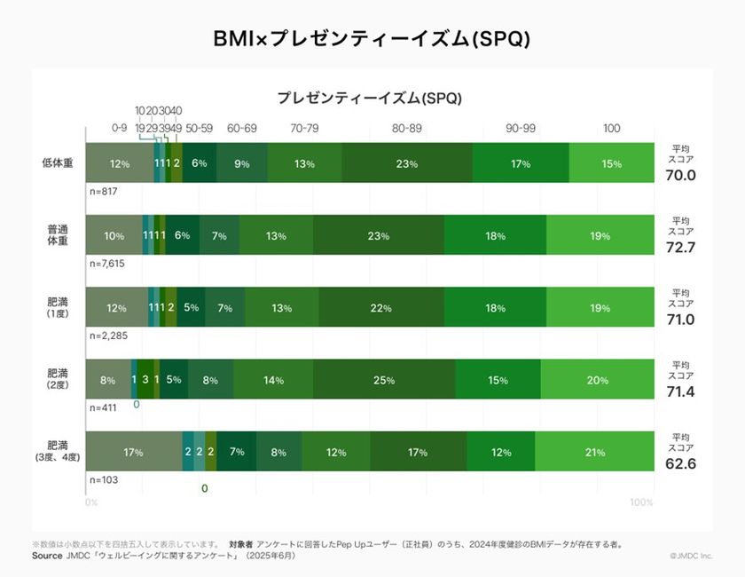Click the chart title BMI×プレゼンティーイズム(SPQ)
(x=372, y=39)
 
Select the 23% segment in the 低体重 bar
(x=407, y=163)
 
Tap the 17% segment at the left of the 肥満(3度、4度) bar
(x=134, y=452)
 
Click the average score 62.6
(x=680, y=463)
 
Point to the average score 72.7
(x=680, y=247)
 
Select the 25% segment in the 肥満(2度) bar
(x=384, y=380)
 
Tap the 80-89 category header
(x=407, y=129)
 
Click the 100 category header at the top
(x=611, y=129)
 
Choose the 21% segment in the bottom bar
(x=594, y=452)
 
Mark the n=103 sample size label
(x=104, y=479)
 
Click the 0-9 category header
(x=120, y=129)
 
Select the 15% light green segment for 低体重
(x=611, y=163)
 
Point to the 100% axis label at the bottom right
(x=640, y=502)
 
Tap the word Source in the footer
(x=46, y=556)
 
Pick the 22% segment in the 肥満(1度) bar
(x=380, y=308)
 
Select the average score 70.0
(x=680, y=175)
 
